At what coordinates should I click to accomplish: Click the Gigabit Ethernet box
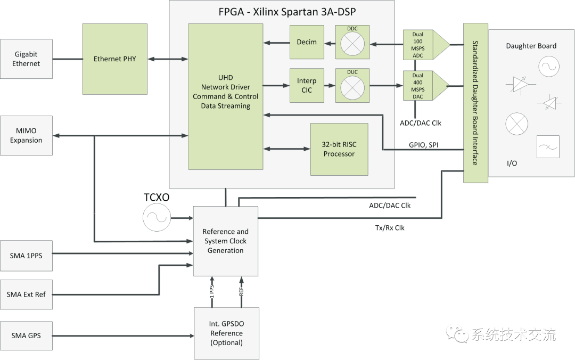(x=27, y=59)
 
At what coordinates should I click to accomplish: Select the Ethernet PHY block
(x=114, y=59)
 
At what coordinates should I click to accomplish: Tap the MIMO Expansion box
(x=27, y=136)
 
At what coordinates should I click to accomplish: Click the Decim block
(x=307, y=42)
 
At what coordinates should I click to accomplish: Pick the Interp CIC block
(x=307, y=85)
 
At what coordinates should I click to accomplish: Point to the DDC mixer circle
(x=351, y=45)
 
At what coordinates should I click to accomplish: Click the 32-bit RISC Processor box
(x=339, y=150)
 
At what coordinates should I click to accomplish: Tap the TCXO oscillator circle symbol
(x=155, y=218)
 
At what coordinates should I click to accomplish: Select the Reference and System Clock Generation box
(x=226, y=241)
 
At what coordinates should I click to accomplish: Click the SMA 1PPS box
(x=27, y=255)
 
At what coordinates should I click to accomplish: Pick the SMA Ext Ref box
(x=27, y=294)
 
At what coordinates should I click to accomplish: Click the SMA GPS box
(x=27, y=336)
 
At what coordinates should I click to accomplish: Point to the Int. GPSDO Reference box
(x=226, y=333)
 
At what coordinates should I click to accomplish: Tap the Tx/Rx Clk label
(x=390, y=227)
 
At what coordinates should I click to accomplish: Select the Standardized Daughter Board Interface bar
(x=475, y=102)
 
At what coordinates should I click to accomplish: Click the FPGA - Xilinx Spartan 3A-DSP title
(x=282, y=12)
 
